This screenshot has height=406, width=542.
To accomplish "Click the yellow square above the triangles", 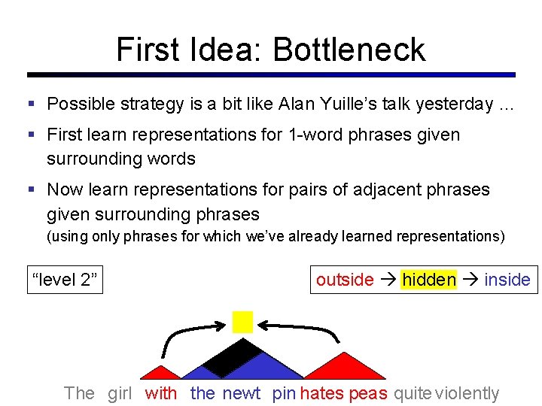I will (x=242, y=321).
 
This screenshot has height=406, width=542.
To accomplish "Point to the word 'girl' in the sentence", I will (x=120, y=392).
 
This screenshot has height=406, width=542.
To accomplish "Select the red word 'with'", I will (x=161, y=392).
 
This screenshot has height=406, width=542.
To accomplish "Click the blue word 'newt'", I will (x=241, y=392).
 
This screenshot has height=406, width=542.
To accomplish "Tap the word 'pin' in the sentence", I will (x=284, y=392).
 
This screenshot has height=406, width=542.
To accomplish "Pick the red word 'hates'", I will (x=321, y=392).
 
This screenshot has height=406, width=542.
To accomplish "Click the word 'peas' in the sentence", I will (x=368, y=392).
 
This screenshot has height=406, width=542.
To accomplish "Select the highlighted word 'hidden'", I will (x=429, y=280).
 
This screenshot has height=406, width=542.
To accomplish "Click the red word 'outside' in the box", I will (x=345, y=280).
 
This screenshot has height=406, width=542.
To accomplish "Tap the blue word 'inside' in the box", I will (x=507, y=280).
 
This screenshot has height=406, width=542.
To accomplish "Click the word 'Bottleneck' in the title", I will (x=349, y=50).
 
